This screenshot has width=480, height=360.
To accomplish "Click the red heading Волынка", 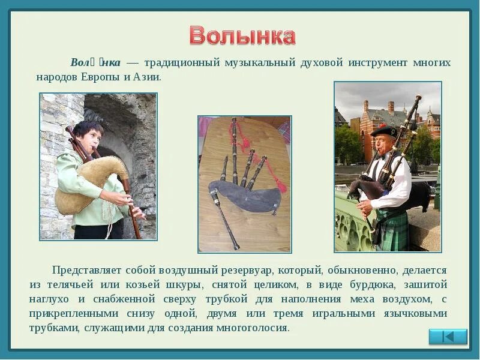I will (242, 36).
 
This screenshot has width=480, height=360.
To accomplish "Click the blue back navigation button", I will (448, 337).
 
